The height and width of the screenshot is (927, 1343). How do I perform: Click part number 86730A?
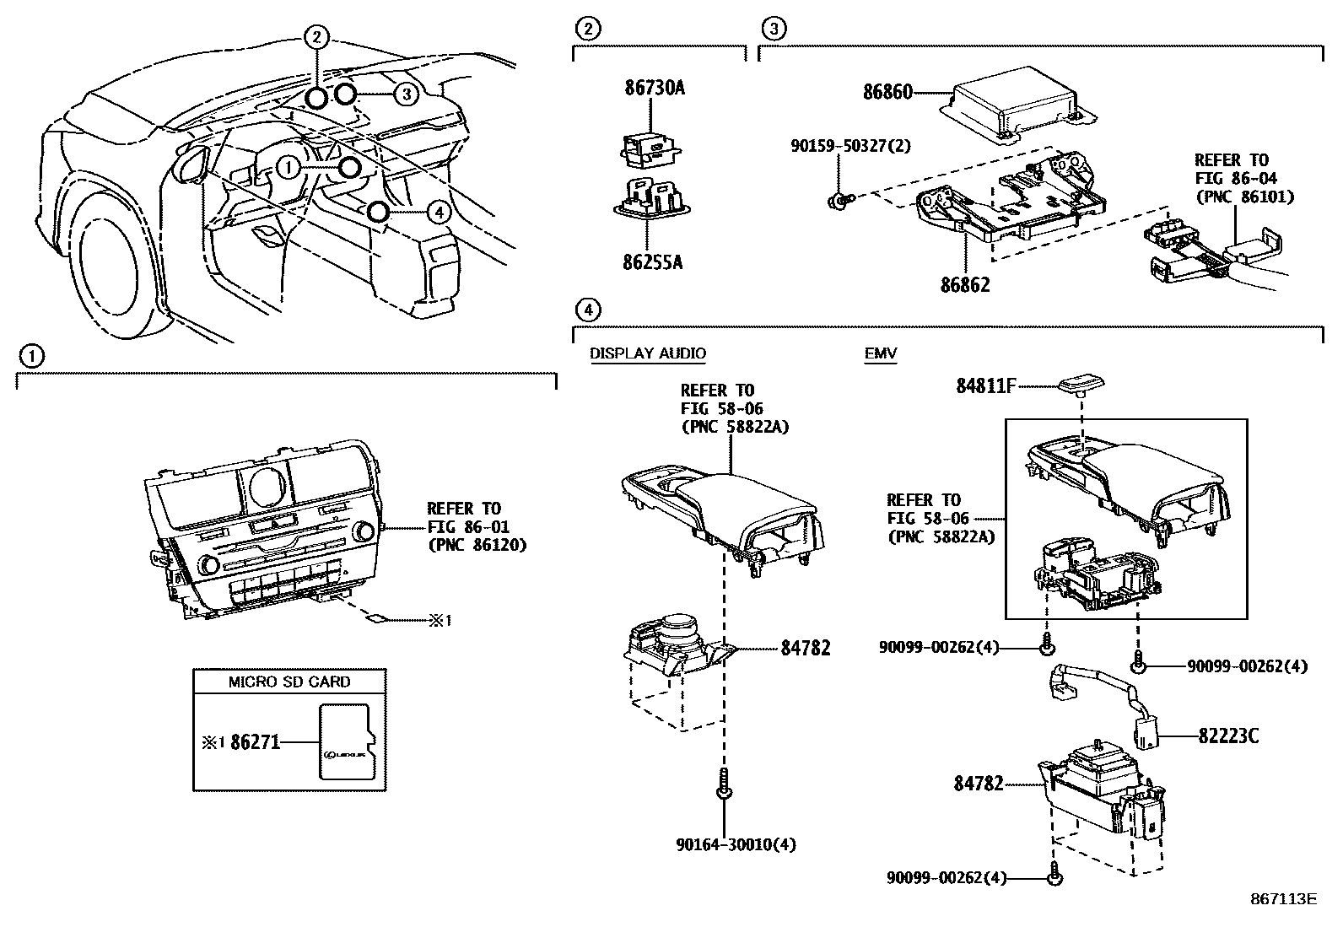(x=655, y=88)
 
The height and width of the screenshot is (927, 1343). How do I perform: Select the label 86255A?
(x=653, y=262)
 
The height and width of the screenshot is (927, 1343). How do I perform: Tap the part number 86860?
(x=887, y=92)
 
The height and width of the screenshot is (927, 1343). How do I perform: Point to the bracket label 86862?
(x=965, y=285)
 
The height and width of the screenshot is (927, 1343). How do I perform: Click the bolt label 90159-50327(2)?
(x=850, y=146)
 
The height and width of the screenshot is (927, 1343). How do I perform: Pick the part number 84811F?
(x=985, y=386)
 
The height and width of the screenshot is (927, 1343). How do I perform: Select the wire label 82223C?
(x=1228, y=736)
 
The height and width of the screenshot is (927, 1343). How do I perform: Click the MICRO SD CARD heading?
(x=289, y=682)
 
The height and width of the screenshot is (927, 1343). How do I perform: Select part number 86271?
(x=254, y=742)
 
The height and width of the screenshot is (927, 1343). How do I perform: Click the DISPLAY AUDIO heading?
(x=647, y=353)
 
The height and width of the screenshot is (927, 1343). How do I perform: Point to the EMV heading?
(x=880, y=353)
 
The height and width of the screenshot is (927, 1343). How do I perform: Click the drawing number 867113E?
(x=1283, y=898)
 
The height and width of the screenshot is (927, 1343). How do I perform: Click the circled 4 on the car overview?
(x=437, y=212)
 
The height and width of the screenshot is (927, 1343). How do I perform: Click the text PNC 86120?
(x=477, y=545)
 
